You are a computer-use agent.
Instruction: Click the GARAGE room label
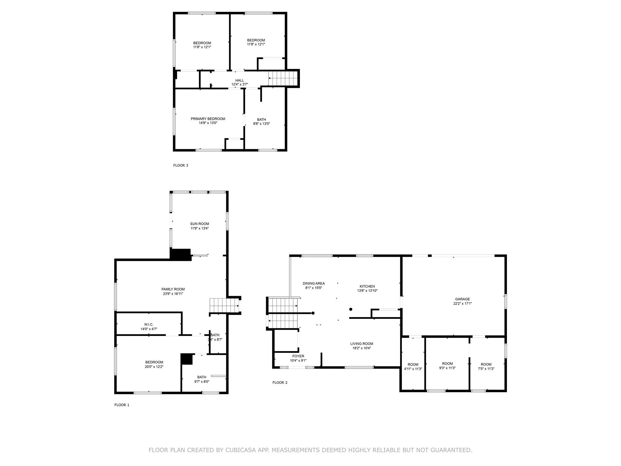(462, 299)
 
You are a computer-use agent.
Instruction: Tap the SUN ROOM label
(200, 224)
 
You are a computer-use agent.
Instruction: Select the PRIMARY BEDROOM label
(208, 119)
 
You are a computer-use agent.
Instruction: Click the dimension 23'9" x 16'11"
(173, 294)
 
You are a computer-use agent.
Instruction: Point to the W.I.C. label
(149, 324)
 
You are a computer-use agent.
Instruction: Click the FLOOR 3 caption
(181, 165)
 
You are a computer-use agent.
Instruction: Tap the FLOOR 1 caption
(122, 405)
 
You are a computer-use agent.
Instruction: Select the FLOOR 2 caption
(280, 382)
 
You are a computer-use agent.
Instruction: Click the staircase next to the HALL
(283, 78)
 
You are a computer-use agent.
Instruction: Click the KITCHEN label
(367, 286)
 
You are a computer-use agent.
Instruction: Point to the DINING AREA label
(314, 283)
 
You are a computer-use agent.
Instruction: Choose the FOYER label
(298, 356)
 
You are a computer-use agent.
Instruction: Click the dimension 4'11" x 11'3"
(413, 369)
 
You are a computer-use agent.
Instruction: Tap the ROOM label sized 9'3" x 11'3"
(447, 363)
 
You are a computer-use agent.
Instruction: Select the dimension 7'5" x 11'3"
(486, 369)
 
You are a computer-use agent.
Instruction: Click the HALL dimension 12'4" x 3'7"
(240, 84)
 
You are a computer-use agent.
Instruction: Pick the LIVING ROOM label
(362, 344)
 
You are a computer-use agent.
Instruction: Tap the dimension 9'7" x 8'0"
(202, 382)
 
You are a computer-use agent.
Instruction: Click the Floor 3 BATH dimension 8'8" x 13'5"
(261, 124)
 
